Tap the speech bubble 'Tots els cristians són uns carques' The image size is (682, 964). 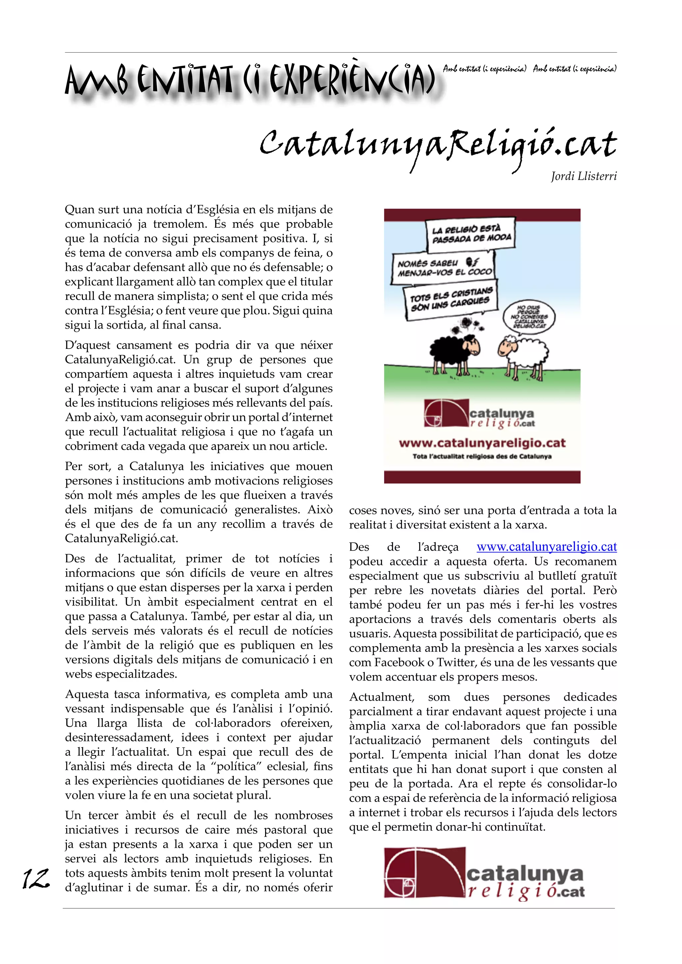pos(451,300)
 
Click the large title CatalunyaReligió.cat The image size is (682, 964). pos(438,145)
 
